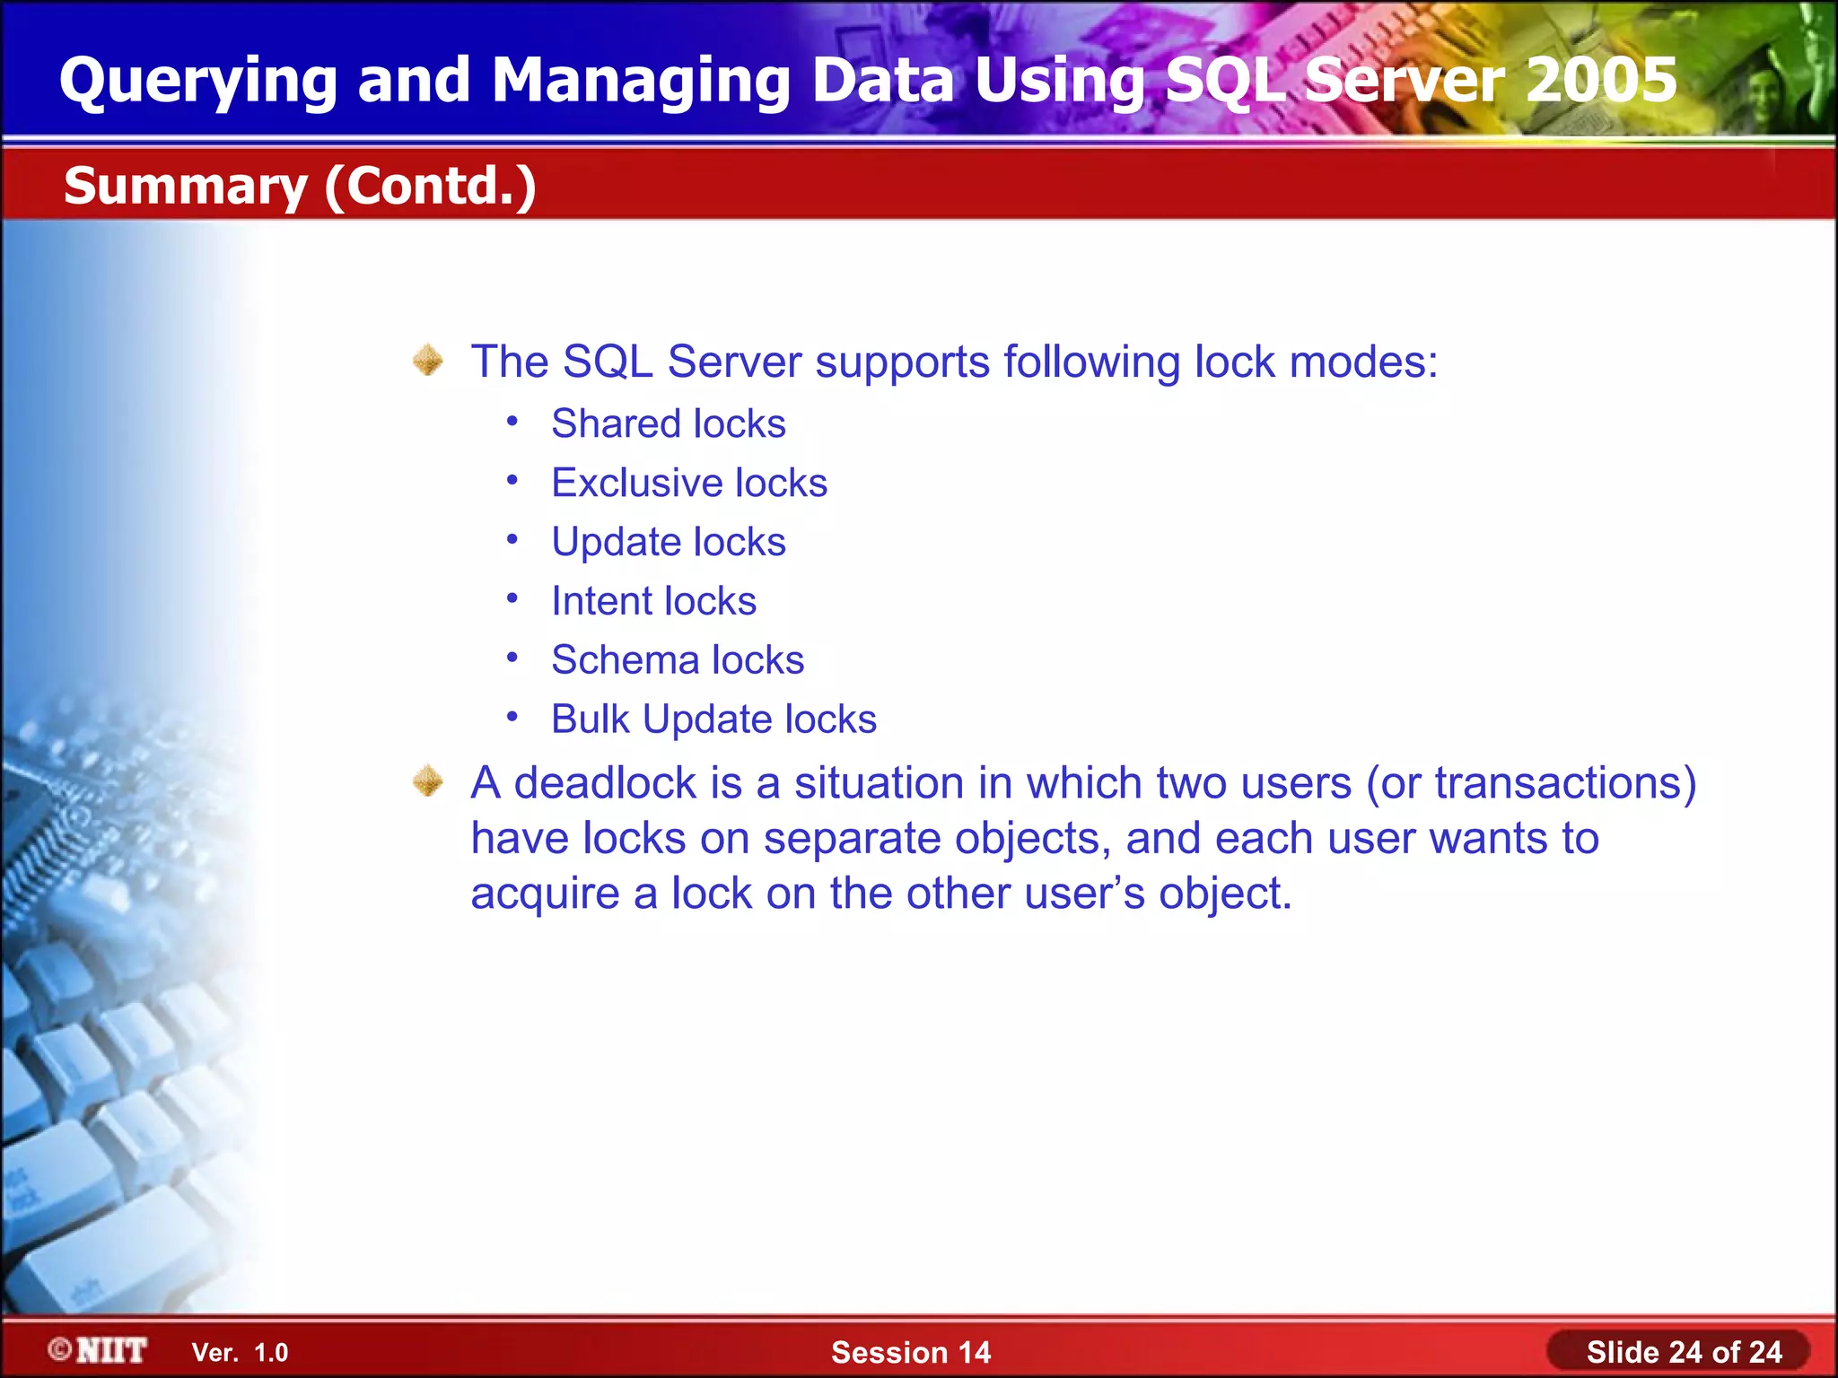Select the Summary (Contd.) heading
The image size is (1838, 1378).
[300, 186]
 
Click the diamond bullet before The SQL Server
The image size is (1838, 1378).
[428, 361]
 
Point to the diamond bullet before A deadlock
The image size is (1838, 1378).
[428, 781]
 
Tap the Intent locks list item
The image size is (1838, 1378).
[653, 601]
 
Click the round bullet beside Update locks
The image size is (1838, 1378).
[512, 540]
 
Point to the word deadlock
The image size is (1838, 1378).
[604, 783]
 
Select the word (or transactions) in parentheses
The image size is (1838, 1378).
[1531, 783]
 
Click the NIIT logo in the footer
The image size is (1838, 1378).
[99, 1350]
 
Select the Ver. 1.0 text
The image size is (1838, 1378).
[240, 1353]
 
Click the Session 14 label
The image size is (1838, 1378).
[910, 1352]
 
